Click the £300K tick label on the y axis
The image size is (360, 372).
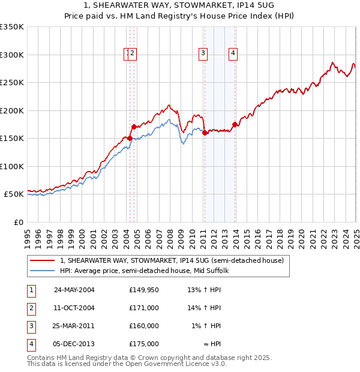coord(12,55)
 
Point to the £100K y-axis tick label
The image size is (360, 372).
coord(12,166)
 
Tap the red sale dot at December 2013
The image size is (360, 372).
coord(235,124)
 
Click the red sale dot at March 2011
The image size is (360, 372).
coord(205,133)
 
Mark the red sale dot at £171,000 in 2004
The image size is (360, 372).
coord(134,127)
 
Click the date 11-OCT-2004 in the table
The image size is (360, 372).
coord(74,308)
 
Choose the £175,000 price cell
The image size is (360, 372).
coord(144,344)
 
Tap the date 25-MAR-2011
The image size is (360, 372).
coord(74,326)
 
